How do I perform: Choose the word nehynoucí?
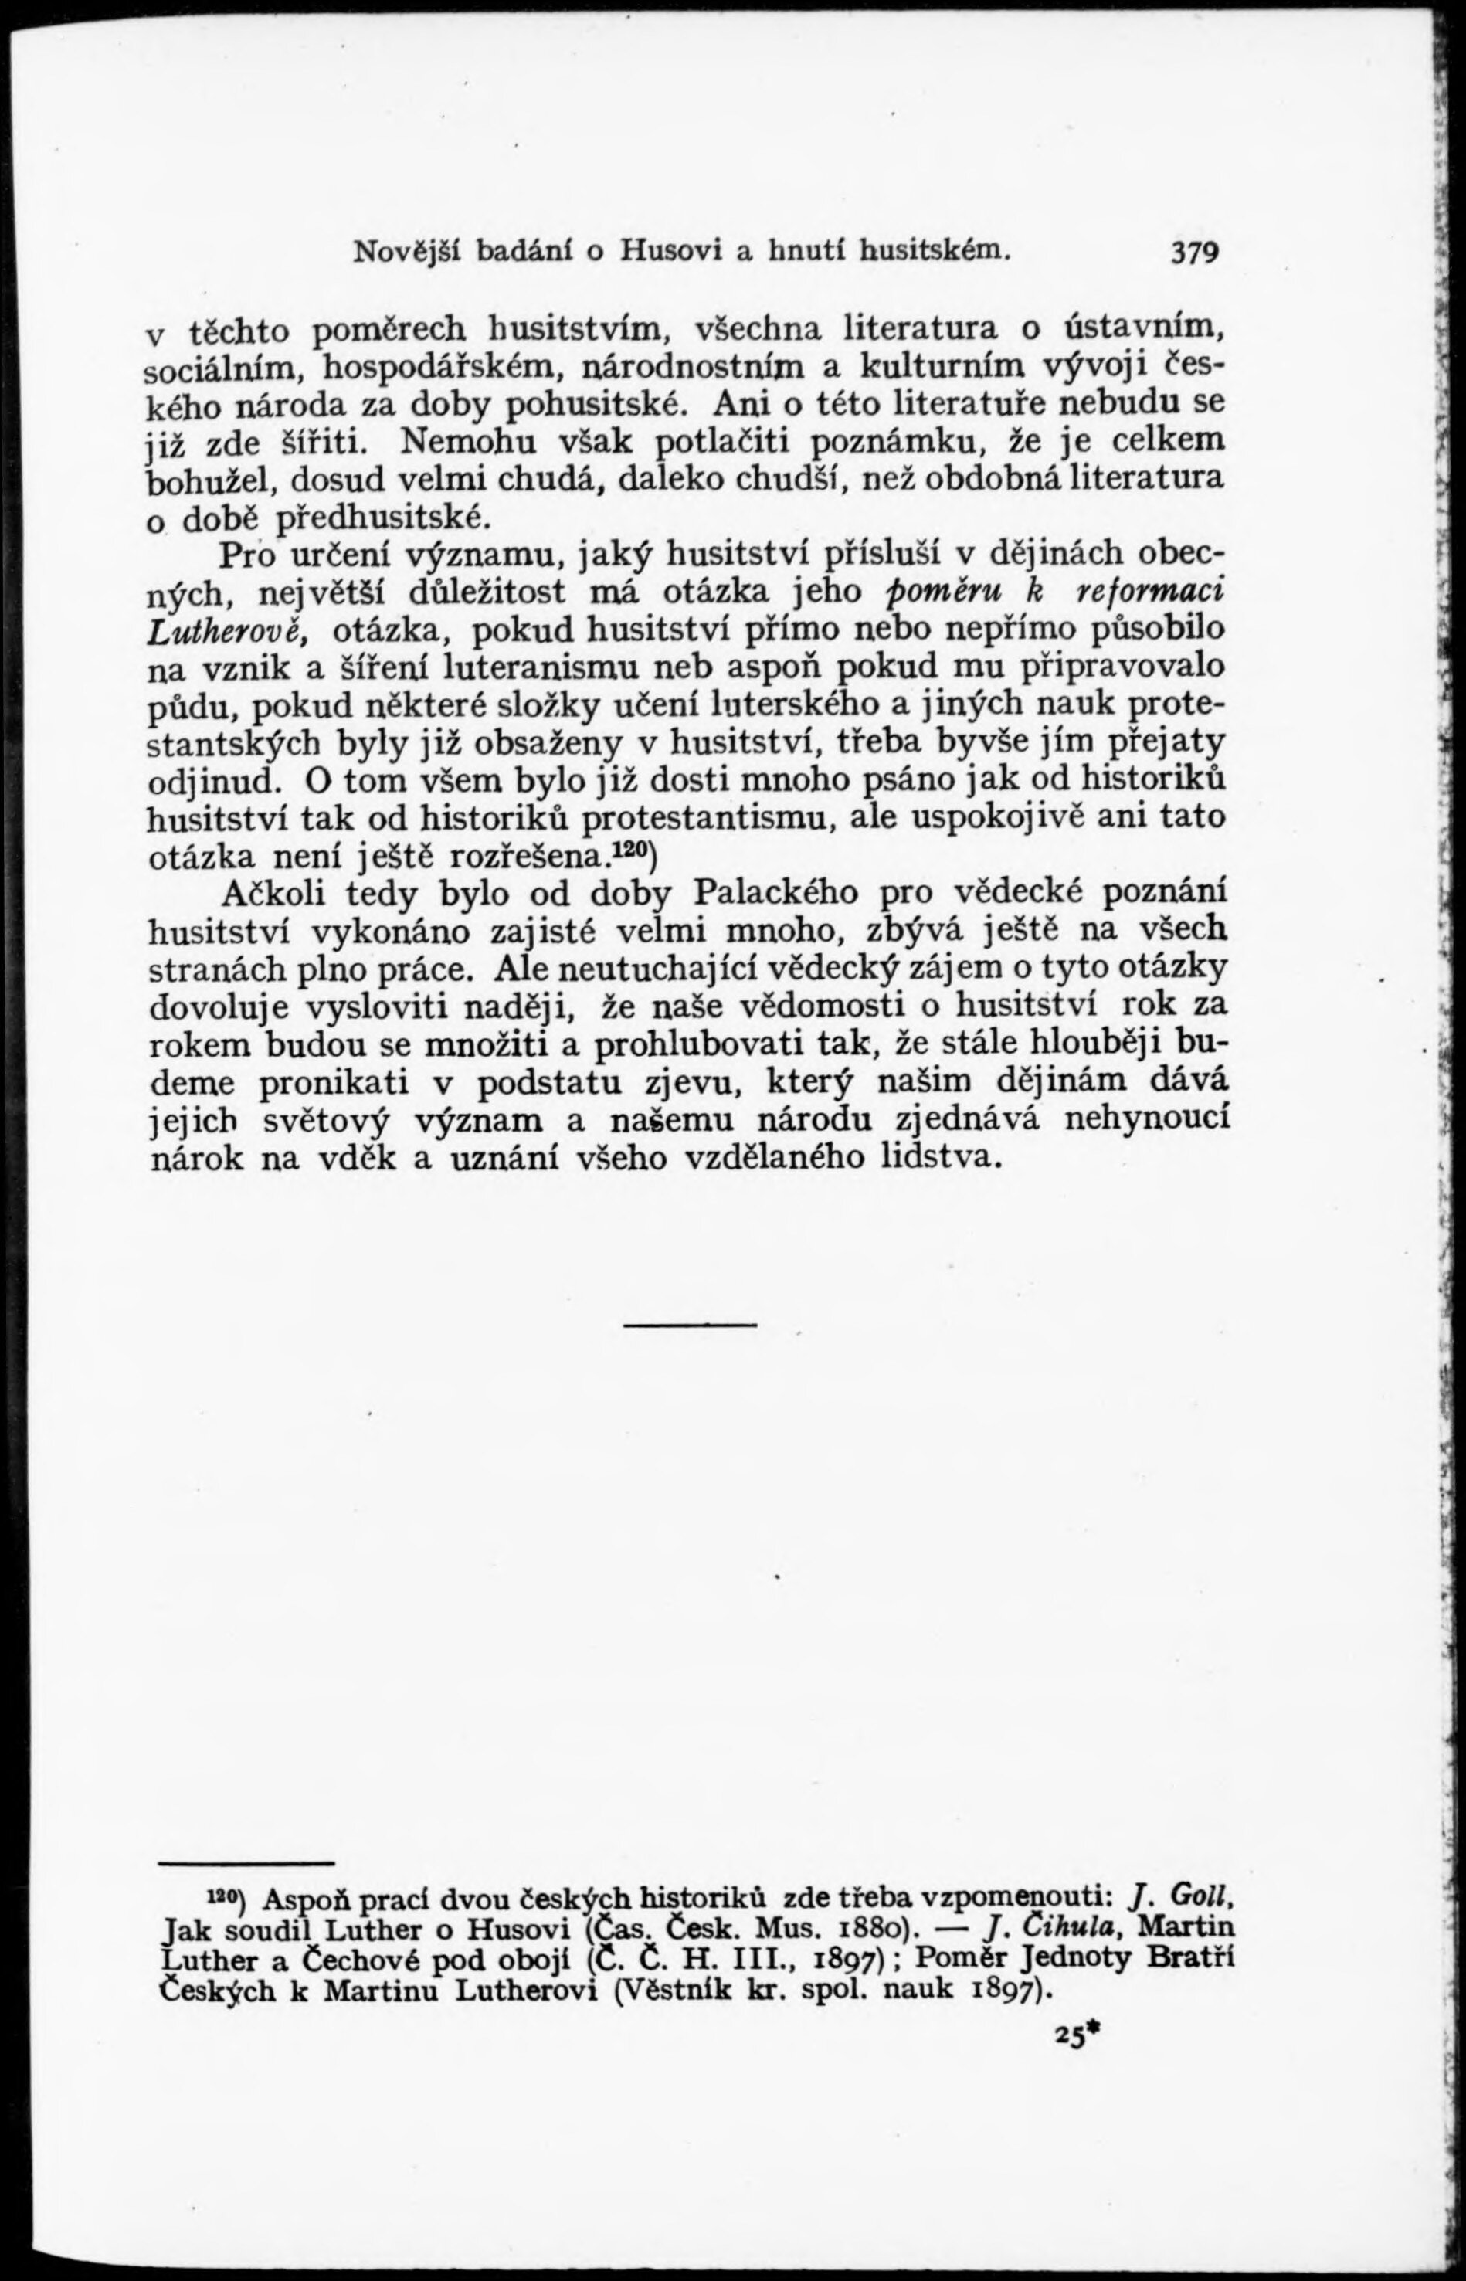coord(1143,1119)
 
